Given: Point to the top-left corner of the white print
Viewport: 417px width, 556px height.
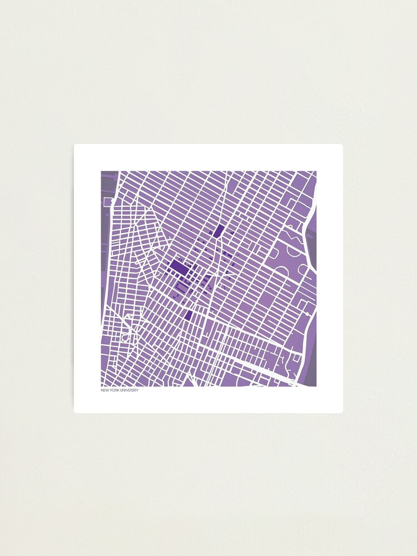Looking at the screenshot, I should coord(75,145).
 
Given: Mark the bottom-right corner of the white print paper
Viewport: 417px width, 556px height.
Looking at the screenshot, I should coord(342,412).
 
